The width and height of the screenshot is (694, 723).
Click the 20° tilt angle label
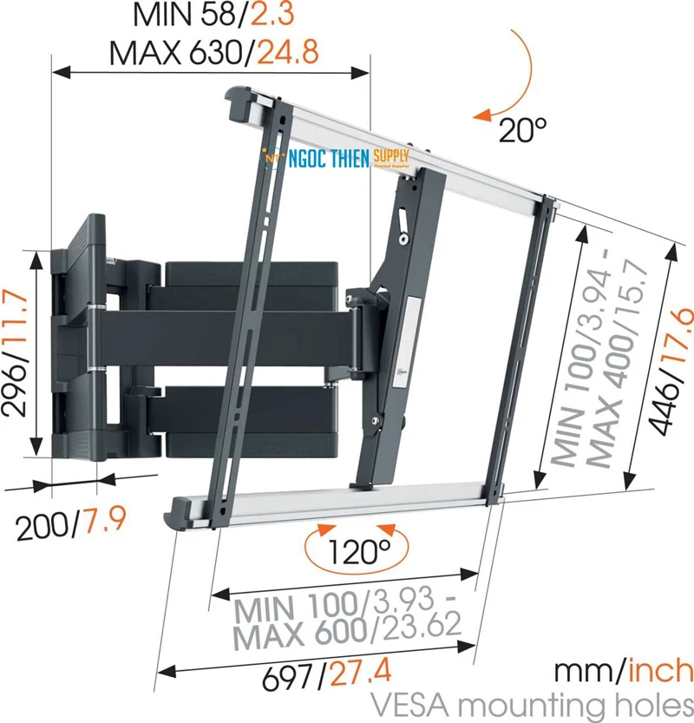click(x=522, y=131)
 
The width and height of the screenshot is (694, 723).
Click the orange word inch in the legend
click(x=662, y=670)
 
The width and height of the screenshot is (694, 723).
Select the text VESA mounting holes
click(x=532, y=703)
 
